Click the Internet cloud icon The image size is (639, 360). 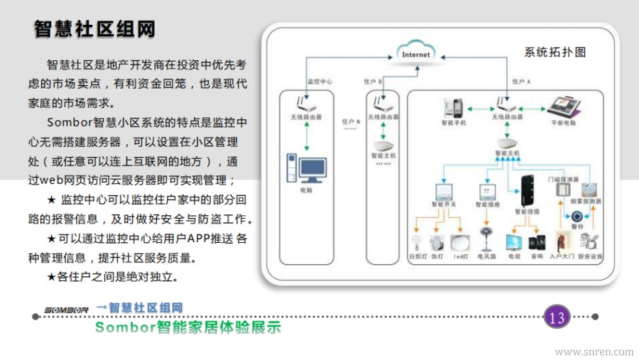(x=416, y=53)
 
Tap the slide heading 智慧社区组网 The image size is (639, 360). (x=94, y=29)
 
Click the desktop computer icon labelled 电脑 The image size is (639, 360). (x=306, y=170)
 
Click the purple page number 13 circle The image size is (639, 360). (x=557, y=317)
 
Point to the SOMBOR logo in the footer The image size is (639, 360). (x=67, y=310)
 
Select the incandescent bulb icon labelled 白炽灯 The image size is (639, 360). (x=417, y=241)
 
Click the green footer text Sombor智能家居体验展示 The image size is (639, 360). (x=187, y=327)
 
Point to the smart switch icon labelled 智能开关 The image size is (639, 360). (x=444, y=192)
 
